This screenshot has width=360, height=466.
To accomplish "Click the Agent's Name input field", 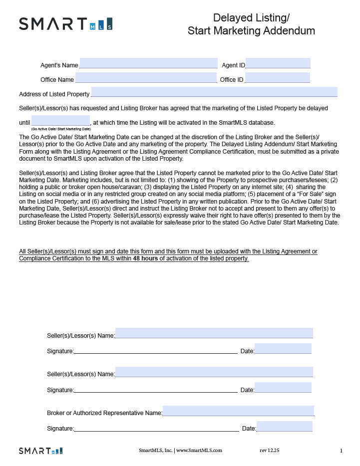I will [148, 63].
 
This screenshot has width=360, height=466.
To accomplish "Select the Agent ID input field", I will [278, 63].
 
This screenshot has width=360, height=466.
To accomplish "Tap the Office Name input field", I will [146, 78].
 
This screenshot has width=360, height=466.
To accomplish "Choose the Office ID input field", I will [277, 78].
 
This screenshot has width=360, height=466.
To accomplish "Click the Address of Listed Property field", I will [214, 92].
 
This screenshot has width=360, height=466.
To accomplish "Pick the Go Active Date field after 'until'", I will [60, 121].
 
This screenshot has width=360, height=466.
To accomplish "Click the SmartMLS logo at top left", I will [65, 23].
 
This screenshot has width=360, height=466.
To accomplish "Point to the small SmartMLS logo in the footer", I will [41, 451].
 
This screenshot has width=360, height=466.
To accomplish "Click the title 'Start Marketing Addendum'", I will [251, 30].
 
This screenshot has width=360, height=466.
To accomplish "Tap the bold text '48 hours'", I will [145, 258].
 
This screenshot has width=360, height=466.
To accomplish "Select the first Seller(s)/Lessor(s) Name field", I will [214, 333].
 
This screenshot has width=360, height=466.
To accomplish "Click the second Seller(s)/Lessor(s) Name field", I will [214, 372].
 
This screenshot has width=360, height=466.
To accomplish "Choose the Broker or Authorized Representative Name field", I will [238, 411].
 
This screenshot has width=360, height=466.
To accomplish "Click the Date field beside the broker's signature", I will [284, 427].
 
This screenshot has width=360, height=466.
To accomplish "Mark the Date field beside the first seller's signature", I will [283, 349].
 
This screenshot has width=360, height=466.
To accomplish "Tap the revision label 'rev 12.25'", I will [269, 451].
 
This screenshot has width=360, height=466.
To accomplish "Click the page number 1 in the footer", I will [341, 451].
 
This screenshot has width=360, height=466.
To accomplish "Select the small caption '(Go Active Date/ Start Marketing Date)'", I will [60, 129].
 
